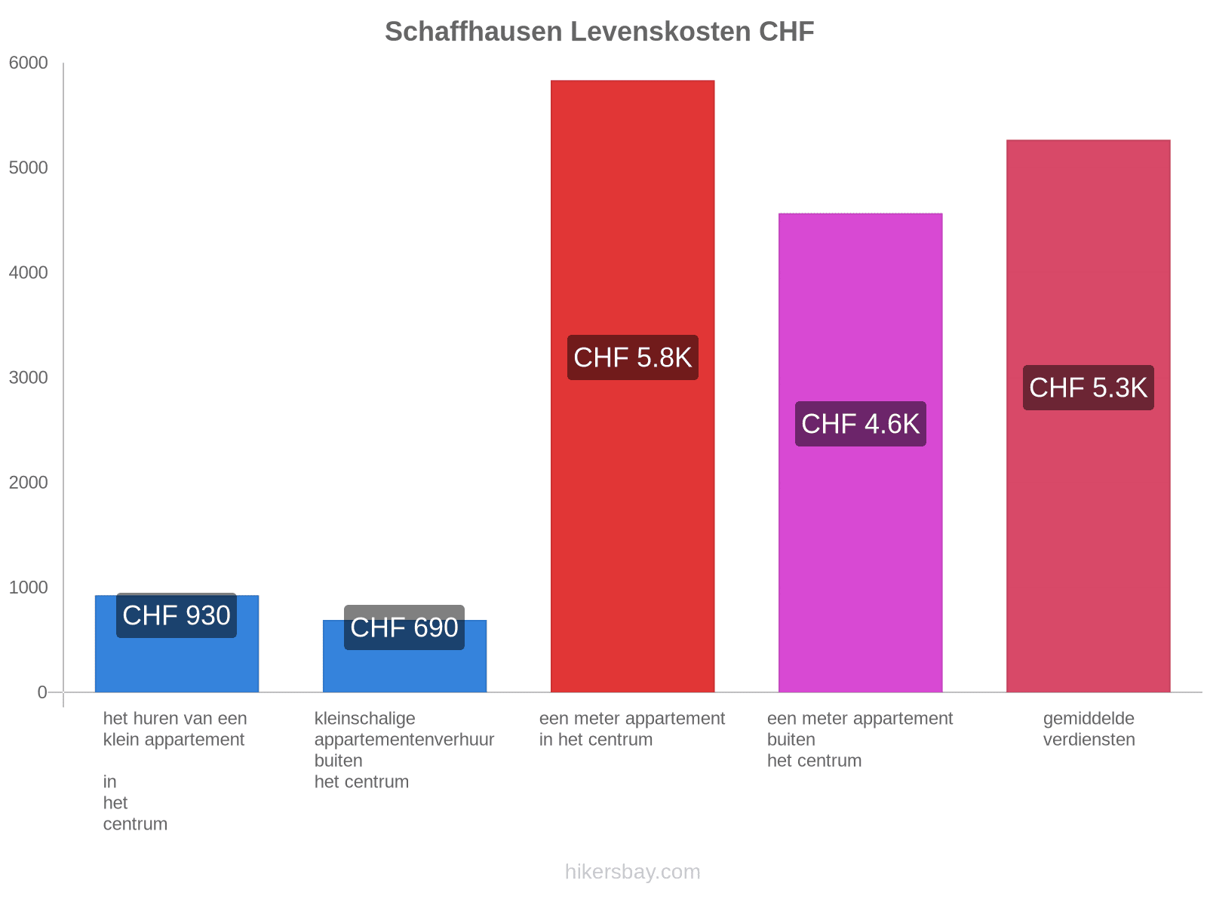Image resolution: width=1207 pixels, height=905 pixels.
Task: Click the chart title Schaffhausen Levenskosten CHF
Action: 599,32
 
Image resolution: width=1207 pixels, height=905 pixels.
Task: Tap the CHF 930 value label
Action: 177,615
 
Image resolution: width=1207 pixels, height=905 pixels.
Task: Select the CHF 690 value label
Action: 404,627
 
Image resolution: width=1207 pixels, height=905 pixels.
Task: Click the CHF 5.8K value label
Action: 632,357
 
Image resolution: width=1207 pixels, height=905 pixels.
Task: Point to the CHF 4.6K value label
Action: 860,424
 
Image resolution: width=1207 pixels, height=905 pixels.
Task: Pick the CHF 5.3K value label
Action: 1088,388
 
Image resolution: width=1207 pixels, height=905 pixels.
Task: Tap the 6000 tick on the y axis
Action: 29,63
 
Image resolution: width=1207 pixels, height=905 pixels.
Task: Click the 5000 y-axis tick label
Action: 29,168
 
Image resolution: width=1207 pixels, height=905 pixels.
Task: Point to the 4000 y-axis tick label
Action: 29,273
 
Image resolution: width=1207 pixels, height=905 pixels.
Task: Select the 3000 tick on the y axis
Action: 29,378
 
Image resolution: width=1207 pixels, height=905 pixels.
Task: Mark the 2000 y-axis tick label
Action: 29,483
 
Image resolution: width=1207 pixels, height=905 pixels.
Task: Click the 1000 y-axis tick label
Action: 29,587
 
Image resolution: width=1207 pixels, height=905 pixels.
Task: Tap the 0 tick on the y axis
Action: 42,692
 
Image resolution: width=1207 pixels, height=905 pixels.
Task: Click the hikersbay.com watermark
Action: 632,872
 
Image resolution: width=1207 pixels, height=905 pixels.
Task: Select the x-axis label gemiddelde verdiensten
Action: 1089,729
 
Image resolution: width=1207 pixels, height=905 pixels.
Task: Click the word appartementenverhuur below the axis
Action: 404,740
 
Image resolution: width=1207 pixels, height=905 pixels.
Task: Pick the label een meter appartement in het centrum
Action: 632,729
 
